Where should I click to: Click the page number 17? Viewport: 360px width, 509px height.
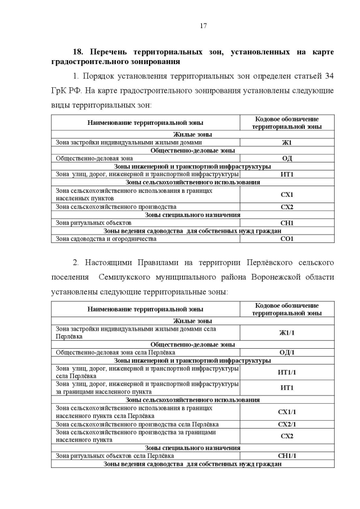click(203, 26)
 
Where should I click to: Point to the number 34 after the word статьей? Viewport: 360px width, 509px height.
click(329, 75)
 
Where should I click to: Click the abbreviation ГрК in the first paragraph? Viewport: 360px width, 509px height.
click(60, 90)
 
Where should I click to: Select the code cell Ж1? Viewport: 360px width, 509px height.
click(287, 142)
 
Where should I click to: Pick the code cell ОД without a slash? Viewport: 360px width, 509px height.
click(287, 159)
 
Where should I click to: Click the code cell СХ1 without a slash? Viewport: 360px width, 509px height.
click(287, 195)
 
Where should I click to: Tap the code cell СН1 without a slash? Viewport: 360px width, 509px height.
click(287, 223)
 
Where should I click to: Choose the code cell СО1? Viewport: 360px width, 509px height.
click(287, 239)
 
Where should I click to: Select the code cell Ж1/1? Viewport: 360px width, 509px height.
click(287, 332)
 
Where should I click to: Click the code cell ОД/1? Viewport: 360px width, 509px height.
click(287, 352)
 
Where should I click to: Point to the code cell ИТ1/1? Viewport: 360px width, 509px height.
click(287, 372)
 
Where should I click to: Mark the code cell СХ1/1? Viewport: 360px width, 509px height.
click(287, 412)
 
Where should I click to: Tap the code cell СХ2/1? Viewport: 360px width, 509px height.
click(287, 424)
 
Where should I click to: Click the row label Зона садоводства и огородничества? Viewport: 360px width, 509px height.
click(106, 239)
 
